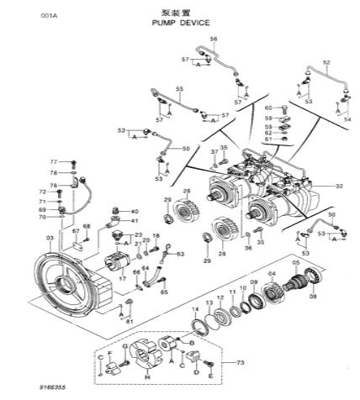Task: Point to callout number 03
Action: (50, 239)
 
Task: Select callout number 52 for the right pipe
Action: (326, 62)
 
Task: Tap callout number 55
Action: (178, 88)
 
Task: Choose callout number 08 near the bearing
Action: (313, 297)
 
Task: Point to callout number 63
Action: (179, 253)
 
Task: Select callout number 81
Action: (129, 320)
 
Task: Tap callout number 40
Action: (135, 211)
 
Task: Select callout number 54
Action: (347, 120)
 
